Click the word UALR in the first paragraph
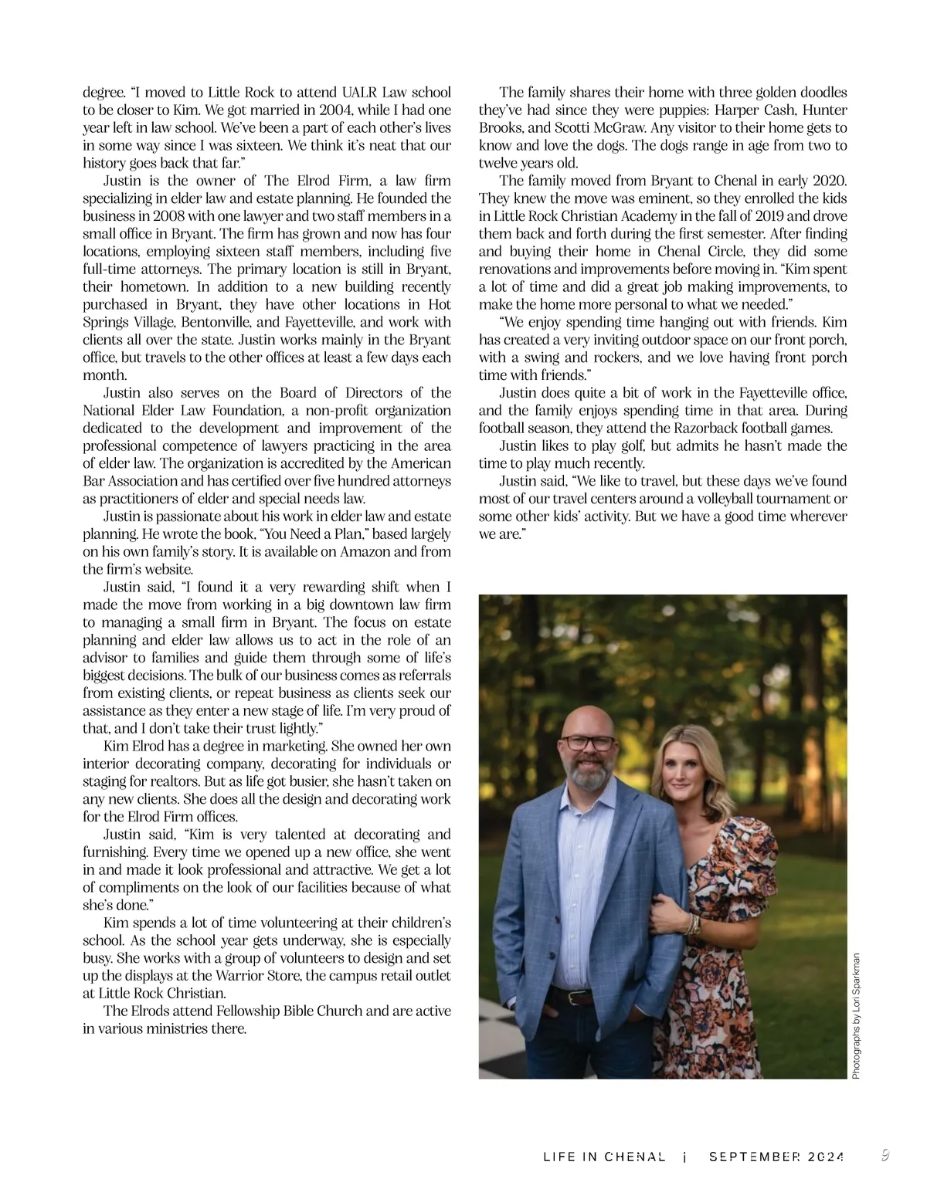[x=335, y=93]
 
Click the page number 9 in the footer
[x=885, y=1155]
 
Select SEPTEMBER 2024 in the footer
[x=776, y=1157]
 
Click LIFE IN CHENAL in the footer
[x=604, y=1157]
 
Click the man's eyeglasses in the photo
[x=589, y=744]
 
